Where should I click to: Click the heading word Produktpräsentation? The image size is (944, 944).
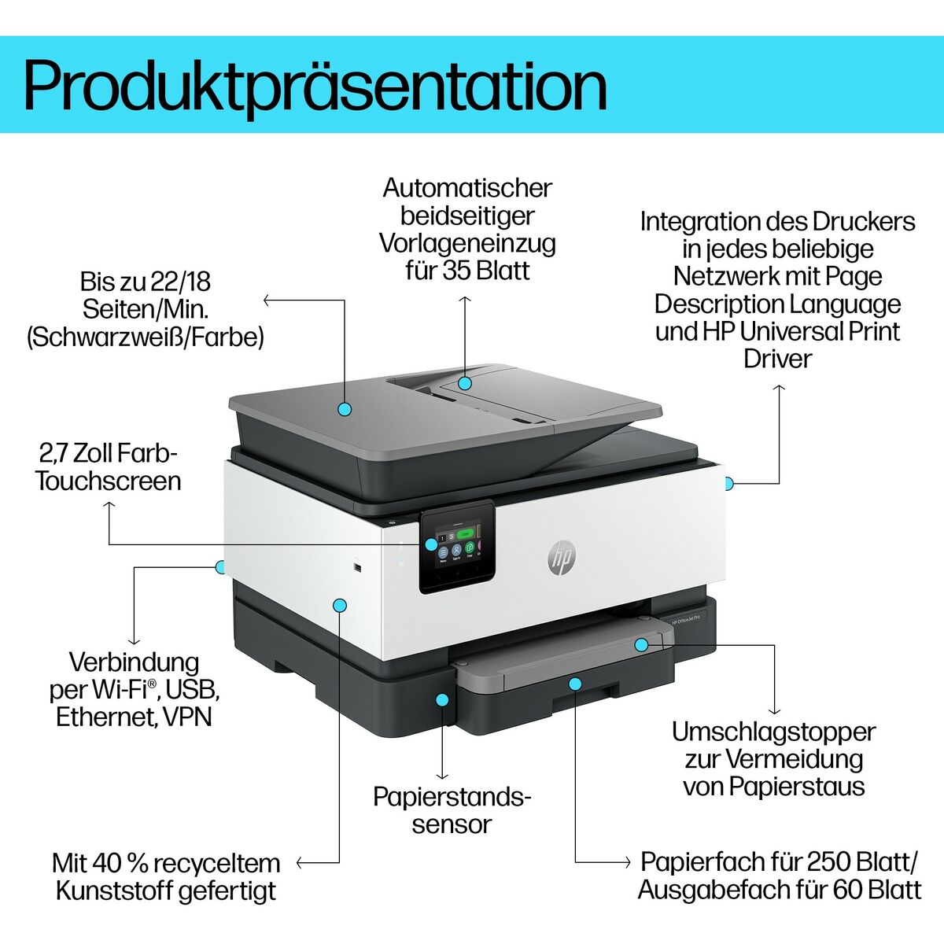tap(315, 85)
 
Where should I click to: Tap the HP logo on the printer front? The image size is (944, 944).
tap(561, 558)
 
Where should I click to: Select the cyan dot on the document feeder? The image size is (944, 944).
tap(465, 383)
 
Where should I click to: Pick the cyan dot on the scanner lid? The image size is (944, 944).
tap(344, 409)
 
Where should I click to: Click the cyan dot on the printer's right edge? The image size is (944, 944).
tap(728, 483)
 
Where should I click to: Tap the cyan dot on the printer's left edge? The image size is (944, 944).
tap(220, 566)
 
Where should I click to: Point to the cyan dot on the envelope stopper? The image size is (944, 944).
tap(641, 645)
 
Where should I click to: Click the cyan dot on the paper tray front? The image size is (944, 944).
tap(576, 684)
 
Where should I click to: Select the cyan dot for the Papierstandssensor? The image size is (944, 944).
tap(443, 699)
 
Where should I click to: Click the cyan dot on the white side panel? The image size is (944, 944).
tap(340, 605)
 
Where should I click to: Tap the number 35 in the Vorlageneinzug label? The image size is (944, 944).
tap(457, 271)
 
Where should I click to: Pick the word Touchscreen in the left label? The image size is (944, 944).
tap(109, 481)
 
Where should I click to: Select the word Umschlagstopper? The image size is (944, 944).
tap(773, 732)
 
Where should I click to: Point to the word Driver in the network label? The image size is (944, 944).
tap(777, 359)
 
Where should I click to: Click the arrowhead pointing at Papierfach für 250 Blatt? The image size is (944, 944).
tap(626, 862)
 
